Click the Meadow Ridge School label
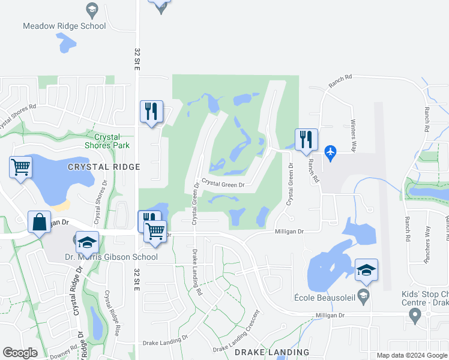coord(64,26)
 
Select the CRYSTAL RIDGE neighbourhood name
coord(104,167)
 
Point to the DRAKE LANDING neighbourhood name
coord(272,352)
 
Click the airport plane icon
coord(330,153)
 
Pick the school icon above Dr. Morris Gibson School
coord(87,242)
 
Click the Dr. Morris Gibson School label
coord(111,257)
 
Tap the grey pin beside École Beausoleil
coord(363,295)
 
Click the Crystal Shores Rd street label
coord(18,114)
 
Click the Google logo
coord(20,353)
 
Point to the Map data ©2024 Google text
coord(411,355)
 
